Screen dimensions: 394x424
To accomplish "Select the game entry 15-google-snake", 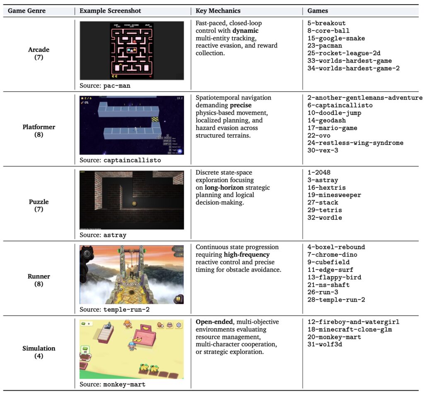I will click(x=336, y=38).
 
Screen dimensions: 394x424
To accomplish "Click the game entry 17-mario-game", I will click(x=332, y=128).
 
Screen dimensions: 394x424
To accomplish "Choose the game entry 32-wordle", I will click(x=325, y=218).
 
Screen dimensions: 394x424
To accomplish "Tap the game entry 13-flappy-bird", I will click(x=334, y=277).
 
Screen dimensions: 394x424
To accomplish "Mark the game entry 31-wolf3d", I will click(x=325, y=344).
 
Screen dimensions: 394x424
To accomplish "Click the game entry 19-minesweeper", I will click(x=334, y=195).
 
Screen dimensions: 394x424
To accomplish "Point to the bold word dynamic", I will click(x=245, y=31).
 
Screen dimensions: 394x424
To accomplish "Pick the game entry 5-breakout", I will click(x=327, y=23).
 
